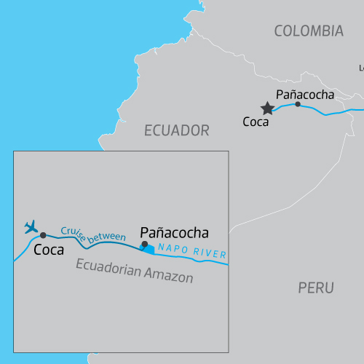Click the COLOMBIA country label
click(x=309, y=31)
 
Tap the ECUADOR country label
click(x=177, y=130)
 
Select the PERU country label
click(x=316, y=288)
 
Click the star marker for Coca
click(x=267, y=108)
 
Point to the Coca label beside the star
click(x=256, y=122)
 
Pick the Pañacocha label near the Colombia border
click(x=305, y=95)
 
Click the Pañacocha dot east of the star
click(x=297, y=104)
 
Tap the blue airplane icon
click(x=31, y=227)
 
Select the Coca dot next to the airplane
click(x=44, y=235)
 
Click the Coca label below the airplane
click(x=49, y=250)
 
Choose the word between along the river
click(x=107, y=236)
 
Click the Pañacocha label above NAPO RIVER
click(x=174, y=233)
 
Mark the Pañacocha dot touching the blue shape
click(x=144, y=245)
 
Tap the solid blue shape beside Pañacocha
click(x=150, y=249)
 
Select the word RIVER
click(x=209, y=254)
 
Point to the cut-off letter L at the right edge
click(x=361, y=68)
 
